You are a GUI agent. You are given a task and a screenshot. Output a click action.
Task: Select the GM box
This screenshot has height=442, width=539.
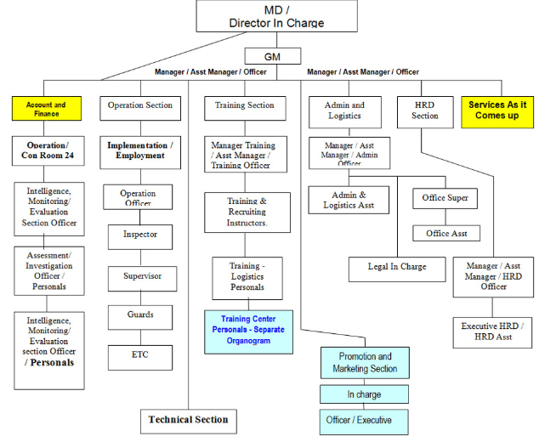[x=272, y=57]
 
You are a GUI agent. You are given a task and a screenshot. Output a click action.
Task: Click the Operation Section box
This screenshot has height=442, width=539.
[x=140, y=106]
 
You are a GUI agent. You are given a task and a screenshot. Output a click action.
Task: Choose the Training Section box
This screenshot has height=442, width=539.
[x=246, y=106]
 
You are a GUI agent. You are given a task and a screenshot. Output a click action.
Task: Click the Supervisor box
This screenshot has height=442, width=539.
[x=140, y=276]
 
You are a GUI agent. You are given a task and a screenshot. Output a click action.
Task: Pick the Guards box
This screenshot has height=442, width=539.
[x=139, y=315]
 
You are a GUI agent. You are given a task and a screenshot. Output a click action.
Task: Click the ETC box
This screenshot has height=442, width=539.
[x=139, y=355]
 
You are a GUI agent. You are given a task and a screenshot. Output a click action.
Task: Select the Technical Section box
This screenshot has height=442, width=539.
[x=188, y=420]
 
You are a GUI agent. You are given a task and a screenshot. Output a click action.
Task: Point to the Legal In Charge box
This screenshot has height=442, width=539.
[x=398, y=268]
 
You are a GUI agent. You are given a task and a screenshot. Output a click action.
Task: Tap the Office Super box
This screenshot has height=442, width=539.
[x=445, y=199]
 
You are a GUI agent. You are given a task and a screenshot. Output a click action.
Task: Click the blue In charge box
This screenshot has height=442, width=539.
[x=364, y=394]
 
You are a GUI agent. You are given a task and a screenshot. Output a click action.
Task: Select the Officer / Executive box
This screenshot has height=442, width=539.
[x=364, y=420]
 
